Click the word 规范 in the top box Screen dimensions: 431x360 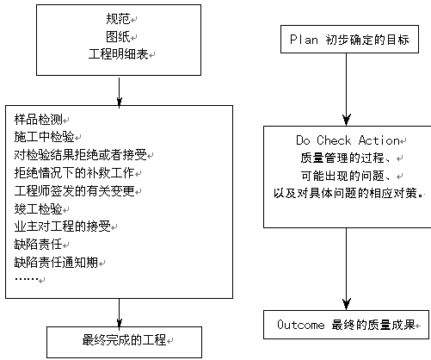118,19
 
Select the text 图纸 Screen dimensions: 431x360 118,36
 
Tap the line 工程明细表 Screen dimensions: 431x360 118,54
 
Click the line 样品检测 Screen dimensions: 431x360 39,120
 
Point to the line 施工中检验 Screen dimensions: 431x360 45,137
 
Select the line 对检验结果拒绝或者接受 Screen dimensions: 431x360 81,155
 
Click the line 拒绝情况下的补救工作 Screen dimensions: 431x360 75,173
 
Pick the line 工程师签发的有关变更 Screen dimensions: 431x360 75,190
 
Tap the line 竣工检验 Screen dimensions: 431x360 39,208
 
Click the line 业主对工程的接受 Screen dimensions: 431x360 63,227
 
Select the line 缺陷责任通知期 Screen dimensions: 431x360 57,262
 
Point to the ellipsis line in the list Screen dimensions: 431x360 27,279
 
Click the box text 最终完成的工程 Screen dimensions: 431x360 124,340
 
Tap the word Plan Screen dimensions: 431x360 304,40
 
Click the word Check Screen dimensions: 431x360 334,140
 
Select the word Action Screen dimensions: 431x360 379,140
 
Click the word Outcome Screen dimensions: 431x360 301,325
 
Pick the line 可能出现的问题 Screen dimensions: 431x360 342,176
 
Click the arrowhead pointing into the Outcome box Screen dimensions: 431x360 347,304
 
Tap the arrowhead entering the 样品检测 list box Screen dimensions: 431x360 120,102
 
